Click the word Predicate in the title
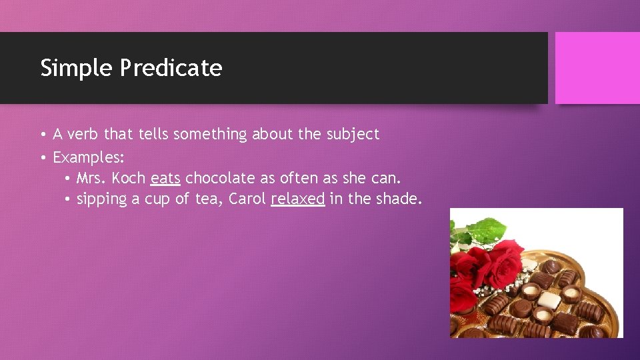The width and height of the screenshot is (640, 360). click(x=171, y=68)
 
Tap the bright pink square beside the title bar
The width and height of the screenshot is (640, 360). click(x=597, y=68)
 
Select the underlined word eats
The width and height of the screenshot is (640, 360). click(x=165, y=179)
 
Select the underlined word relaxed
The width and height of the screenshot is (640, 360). click(x=298, y=199)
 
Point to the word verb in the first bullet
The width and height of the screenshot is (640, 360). click(x=83, y=134)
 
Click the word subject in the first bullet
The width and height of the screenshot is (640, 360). click(x=353, y=134)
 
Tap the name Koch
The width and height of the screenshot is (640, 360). click(x=129, y=179)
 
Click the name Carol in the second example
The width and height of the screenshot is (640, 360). click(x=247, y=199)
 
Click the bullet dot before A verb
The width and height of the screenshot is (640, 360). click(x=43, y=135)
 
